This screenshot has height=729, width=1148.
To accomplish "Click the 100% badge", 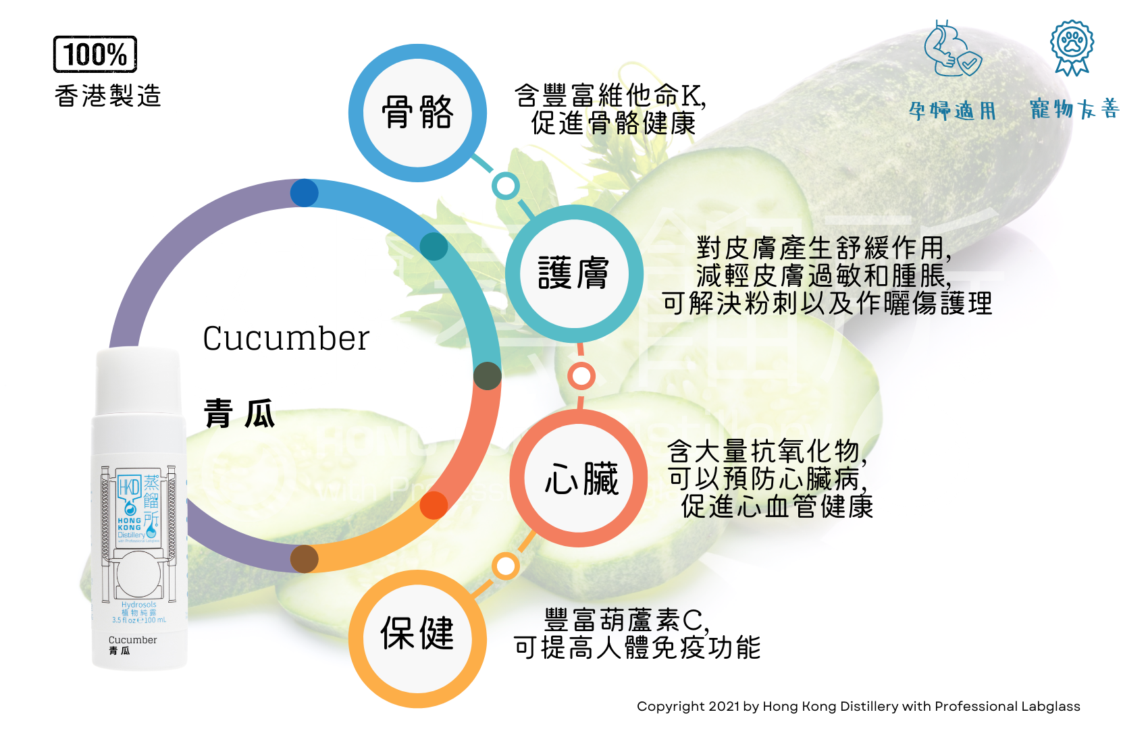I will point(95,54).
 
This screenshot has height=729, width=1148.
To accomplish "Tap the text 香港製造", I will point(108,96).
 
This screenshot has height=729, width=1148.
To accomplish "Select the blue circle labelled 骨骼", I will point(417,113).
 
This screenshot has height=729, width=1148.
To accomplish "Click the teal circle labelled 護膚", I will point(574,273).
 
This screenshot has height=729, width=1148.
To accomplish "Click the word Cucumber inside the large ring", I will point(286,338).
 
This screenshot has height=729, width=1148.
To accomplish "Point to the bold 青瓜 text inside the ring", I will point(240,413).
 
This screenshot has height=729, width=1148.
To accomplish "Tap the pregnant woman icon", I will point(951,49).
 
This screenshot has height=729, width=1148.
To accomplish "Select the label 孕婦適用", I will point(952,110).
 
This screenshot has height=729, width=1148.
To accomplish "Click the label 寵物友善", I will point(1074,109).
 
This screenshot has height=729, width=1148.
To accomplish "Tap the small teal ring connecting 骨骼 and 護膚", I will point(505,186).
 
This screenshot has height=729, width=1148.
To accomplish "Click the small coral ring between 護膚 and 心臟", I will point(581,376).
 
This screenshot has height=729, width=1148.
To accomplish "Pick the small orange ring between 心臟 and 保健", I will point(505,566).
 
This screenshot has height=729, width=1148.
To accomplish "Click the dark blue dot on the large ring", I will point(305,193).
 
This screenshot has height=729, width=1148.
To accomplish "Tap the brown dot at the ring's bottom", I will point(305,559).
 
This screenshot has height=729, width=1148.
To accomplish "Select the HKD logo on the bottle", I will point(129,487).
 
